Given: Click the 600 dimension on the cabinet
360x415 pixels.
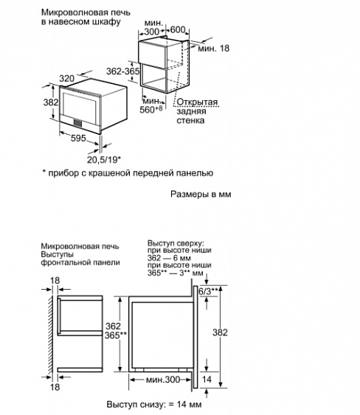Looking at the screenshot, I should [176, 31].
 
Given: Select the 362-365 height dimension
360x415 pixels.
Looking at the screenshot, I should [122, 72].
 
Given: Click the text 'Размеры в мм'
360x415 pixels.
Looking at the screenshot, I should [199, 196].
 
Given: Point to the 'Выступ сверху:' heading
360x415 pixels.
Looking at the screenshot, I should [176, 243].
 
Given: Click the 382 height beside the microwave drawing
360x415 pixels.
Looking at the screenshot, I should [49, 102].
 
